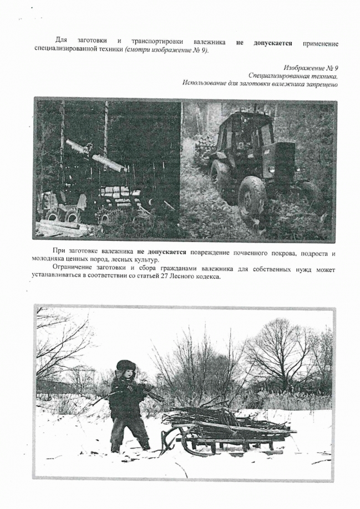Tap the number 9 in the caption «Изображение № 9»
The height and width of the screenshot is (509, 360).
(x=336, y=67)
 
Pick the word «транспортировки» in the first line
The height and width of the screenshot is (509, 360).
(x=156, y=42)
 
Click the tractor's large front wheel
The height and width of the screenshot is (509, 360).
(x=252, y=196)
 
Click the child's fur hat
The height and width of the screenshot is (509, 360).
(x=126, y=366)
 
